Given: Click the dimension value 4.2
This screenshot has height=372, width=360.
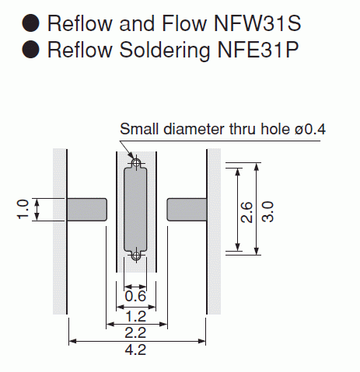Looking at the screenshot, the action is pos(135,350).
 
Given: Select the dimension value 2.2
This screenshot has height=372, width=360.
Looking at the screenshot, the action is pos(135,333).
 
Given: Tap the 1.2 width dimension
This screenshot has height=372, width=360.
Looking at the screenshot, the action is pos(135,317).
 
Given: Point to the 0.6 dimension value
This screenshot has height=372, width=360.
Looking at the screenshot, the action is pos(135,296).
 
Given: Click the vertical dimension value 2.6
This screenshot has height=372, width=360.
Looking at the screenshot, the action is pos(246,212).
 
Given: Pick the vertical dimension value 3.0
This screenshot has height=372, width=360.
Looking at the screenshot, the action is pos(267,211).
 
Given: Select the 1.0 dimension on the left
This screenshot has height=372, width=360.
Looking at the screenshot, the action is pos(23,210).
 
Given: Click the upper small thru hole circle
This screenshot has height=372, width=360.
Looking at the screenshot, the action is pos(136,163).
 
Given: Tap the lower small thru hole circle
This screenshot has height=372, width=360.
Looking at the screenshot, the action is pos(136,256).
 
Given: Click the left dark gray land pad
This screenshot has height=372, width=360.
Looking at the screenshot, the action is pos(87,210).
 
